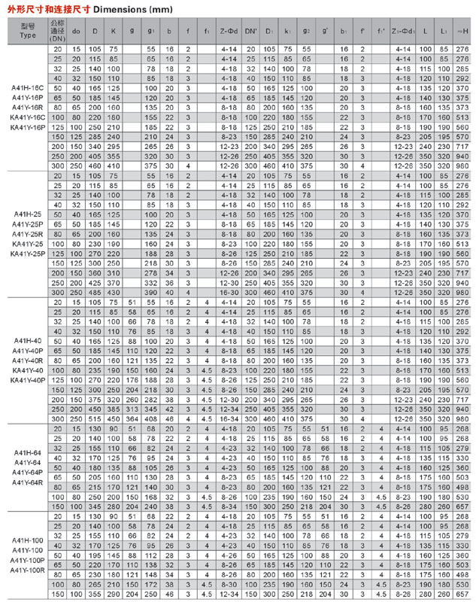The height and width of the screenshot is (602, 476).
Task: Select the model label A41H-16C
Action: coord(28,89)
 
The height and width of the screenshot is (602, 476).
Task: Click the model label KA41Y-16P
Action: coord(28,127)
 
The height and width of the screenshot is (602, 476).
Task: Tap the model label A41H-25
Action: coord(28,214)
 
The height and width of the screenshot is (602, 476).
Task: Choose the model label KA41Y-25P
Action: coord(28,254)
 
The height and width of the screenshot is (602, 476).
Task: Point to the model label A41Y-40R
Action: coord(28,360)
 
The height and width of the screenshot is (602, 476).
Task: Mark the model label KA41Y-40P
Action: coord(28,380)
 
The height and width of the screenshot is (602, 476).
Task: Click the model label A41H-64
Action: coord(28,452)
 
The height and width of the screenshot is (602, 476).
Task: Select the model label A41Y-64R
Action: coord(28,482)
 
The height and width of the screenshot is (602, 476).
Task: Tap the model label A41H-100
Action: coord(28,541)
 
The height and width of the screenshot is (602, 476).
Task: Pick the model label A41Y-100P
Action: coord(28,561)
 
